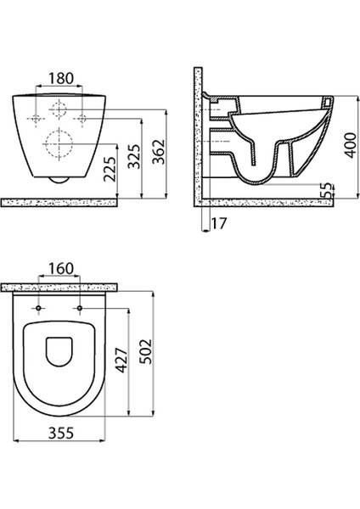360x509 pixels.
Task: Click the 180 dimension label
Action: point(61,79)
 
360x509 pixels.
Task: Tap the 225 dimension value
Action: point(110,170)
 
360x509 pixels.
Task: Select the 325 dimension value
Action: point(134,156)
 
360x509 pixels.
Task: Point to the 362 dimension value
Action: point(159,152)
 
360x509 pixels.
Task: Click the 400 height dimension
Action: point(351,145)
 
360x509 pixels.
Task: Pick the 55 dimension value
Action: point(327,191)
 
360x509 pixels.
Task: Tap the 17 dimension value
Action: point(219,223)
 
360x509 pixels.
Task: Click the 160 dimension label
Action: point(61,269)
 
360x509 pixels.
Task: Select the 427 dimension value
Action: point(122,361)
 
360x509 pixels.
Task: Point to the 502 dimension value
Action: point(145,351)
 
